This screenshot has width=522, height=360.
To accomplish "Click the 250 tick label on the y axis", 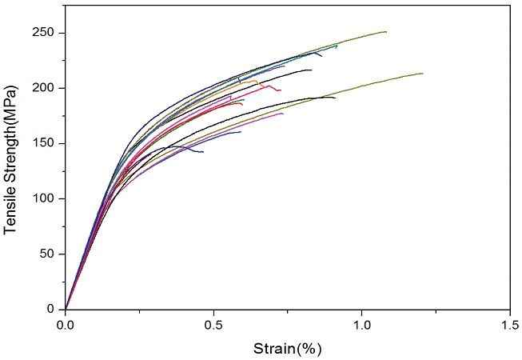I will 46,33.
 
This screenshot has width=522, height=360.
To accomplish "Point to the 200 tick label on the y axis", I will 46,88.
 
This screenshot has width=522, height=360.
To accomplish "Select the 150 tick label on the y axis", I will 46,143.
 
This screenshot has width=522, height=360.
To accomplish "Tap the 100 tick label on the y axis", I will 46,198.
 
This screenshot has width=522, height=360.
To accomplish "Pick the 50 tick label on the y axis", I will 50,254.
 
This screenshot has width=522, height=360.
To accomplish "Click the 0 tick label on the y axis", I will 54,309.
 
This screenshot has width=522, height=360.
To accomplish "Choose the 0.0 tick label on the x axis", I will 66,325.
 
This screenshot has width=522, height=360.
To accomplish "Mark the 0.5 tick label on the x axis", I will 213,325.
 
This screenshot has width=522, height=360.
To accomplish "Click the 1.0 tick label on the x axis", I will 361,325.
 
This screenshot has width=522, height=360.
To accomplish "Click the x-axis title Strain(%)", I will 287,349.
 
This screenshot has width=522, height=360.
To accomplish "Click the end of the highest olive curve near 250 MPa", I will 387,32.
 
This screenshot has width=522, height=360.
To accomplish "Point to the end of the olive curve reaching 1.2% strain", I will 423,74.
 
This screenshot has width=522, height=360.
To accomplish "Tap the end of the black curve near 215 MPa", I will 312,70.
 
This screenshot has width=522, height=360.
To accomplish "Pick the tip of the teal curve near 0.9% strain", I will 337,46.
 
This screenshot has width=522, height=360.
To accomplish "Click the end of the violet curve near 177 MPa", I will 283,113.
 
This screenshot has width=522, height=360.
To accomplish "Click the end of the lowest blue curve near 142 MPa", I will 203,151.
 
